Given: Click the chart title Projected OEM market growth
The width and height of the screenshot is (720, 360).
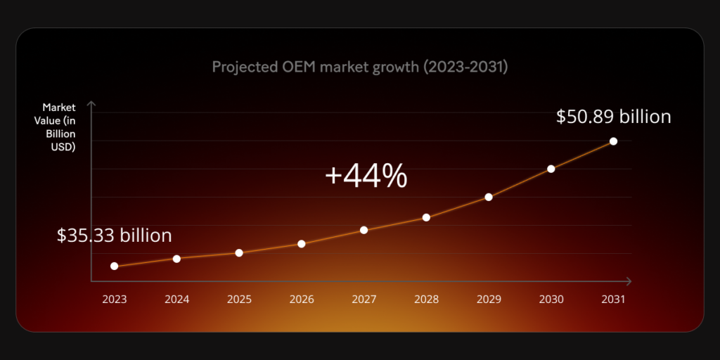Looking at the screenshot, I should coord(359,67).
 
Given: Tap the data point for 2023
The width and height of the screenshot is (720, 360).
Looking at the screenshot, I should coord(114,266).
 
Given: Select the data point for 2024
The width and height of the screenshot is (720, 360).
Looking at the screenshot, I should coord(176,259).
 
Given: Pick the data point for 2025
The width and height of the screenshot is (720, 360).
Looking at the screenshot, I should coord(239,252).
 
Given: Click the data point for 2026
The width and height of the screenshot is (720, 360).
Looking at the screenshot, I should coord(302,244).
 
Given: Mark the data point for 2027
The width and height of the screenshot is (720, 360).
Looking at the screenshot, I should coord(364,230).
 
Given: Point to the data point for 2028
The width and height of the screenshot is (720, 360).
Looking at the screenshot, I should coord(426,217).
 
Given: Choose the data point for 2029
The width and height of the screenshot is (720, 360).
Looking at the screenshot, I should coord(489,197).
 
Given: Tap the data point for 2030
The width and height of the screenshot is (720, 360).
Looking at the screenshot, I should coord(551,169).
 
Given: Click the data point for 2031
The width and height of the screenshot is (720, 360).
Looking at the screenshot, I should coord(613,141).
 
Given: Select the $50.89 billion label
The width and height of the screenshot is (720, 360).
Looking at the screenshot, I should coord(613,117).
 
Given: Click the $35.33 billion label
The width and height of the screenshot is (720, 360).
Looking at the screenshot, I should coord(114,236).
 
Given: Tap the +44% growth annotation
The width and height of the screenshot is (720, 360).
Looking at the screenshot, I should coord(366,176).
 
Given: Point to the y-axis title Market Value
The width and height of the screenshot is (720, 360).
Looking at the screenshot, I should coord(59,127).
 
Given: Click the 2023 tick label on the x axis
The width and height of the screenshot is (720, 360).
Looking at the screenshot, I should coord(114,299).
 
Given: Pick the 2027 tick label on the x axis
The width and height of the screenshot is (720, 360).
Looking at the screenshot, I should coord(364,299).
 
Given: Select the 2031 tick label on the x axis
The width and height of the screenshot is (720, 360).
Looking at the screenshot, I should coord(613,299).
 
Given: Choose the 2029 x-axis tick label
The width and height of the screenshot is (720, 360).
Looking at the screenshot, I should coord(489,299).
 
